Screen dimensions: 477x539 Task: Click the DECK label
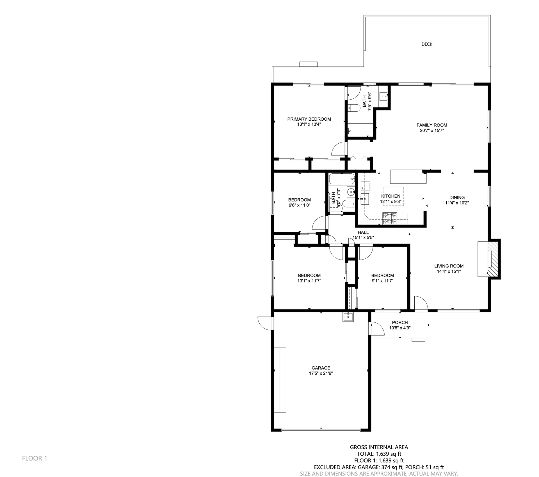click(427, 44)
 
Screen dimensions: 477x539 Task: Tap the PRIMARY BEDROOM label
click(309, 119)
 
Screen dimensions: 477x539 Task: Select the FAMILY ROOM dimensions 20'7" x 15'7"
click(431, 130)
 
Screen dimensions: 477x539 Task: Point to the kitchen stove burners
click(390, 219)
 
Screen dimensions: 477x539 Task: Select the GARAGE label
click(321, 368)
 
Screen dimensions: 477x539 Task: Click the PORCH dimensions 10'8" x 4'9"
click(400, 328)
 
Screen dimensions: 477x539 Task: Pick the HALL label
click(363, 232)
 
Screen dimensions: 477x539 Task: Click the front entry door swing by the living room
click(421, 303)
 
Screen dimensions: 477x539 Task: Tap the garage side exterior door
click(265, 323)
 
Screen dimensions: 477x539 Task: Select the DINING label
click(457, 197)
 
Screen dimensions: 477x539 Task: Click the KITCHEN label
click(390, 196)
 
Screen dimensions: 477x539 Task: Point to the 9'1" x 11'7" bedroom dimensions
click(382, 281)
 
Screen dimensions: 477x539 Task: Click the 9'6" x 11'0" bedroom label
click(299, 200)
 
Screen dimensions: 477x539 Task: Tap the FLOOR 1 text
click(35, 458)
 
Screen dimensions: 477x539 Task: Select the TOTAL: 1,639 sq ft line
click(379, 454)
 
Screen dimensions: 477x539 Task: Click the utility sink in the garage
click(348, 317)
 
